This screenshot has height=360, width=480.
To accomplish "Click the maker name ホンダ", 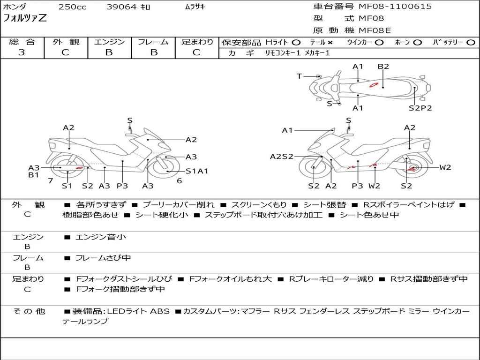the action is pos(15,7).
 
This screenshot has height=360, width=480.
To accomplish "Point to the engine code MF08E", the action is pos(375,30).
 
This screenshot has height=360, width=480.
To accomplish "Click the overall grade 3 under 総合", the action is pos(22,52).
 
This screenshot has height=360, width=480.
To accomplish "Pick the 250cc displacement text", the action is pos(72,7).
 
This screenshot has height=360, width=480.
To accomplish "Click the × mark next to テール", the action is pos(330,42).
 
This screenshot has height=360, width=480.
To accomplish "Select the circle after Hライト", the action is pos(296,42).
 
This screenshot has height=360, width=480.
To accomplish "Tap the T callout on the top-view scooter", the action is pos(299,76).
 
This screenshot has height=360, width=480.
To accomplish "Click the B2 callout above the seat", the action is pos(383,67).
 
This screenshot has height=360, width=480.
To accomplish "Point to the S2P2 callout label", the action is pos(420,108).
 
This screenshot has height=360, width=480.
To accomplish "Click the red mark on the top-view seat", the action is pos(374,85).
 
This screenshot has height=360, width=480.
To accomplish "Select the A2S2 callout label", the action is pos(281,157).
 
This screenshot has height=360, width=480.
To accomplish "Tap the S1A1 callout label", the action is pos(197,171).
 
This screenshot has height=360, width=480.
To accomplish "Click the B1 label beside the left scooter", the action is pos(33,175).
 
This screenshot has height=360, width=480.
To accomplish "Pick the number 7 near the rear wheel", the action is pos(50,180).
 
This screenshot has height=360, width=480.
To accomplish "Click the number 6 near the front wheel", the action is pos(179,180).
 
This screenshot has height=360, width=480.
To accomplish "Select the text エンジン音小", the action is pos(101,237).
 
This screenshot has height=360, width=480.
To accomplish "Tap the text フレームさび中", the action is pos(104,258).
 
